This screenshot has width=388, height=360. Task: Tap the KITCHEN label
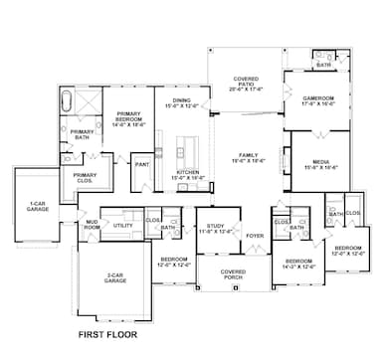coord(188,174)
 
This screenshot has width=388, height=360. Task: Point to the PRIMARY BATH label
coord(82,134)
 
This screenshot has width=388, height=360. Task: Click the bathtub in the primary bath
coord(68,102)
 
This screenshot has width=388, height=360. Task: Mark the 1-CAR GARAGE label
coord(35,207)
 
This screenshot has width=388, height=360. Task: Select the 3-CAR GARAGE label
coord(114,280)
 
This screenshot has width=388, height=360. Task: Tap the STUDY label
coord(215,230)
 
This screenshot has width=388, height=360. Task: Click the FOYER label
coord(255,237)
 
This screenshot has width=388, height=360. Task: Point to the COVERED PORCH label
coord(232,273)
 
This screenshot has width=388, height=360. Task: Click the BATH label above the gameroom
coord(323,65)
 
